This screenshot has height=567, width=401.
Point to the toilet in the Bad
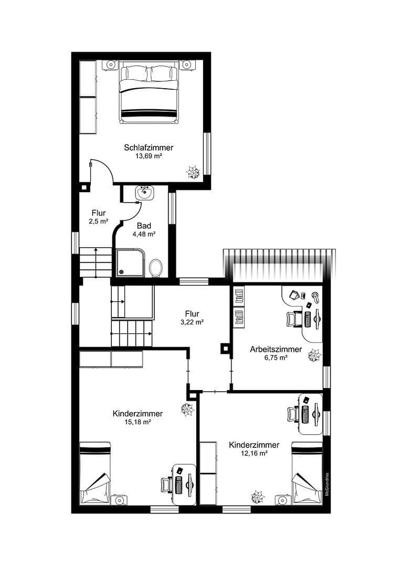click(156, 268)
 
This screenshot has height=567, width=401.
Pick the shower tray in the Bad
click(131, 262)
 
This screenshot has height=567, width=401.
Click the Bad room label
click(144, 226)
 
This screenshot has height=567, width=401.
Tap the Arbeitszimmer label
click(276, 349)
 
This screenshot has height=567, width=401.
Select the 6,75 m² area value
click(276, 358)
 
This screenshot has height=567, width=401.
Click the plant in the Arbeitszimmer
click(314, 355)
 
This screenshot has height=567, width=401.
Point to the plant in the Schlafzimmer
click(193, 172)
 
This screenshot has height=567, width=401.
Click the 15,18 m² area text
click(138, 422)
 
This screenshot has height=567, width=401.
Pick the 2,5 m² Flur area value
click(99, 222)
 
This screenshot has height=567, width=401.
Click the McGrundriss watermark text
click(326, 481)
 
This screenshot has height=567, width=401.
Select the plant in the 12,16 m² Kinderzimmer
click(257, 497)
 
